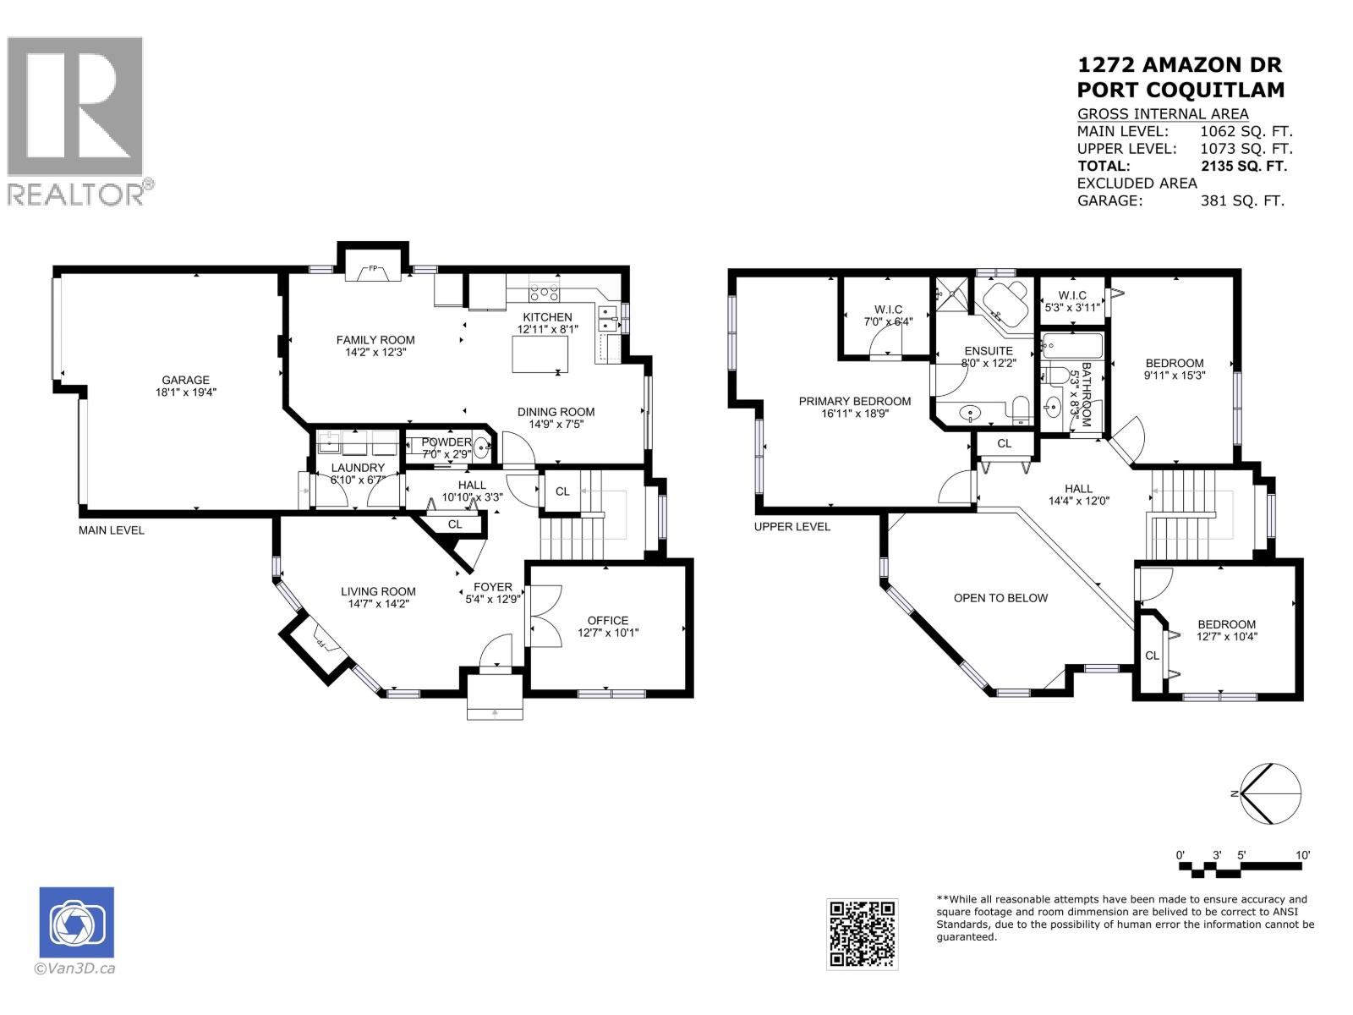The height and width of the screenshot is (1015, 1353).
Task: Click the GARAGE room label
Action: [185, 381]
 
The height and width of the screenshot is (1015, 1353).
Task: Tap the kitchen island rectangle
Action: [540, 354]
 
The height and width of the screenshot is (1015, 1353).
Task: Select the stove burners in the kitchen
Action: [544, 294]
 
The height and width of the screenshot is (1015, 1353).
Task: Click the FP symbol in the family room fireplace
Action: [373, 270]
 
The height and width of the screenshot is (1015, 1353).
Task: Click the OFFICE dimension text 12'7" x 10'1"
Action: [608, 633]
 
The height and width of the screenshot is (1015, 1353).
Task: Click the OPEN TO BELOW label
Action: [1000, 598]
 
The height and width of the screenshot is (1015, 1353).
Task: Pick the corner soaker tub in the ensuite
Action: [1001, 303]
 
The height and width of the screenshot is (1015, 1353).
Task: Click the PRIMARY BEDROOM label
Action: [854, 401]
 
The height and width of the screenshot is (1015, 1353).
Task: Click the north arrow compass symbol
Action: [1269, 793]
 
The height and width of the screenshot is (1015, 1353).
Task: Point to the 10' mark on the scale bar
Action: [1302, 856]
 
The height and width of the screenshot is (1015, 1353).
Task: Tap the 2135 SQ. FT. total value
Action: [1243, 166]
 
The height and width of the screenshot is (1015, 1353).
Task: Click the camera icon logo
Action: [76, 923]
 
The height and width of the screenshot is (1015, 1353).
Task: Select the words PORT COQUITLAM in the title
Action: [1180, 90]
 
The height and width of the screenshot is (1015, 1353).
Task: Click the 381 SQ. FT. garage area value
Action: [1241, 200]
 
